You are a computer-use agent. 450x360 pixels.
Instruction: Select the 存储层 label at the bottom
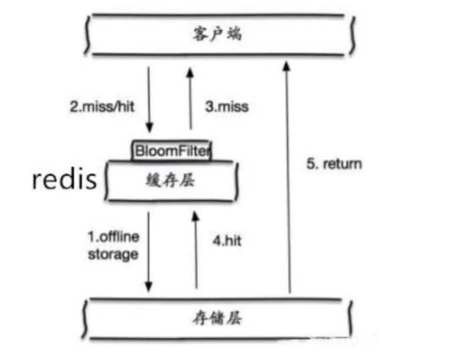(221, 319)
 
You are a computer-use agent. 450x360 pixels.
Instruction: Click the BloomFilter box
(171, 150)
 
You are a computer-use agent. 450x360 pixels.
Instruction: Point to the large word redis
(64, 179)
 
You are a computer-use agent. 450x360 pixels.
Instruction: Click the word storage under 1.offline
(112, 254)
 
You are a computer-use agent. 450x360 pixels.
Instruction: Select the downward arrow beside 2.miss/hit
(149, 97)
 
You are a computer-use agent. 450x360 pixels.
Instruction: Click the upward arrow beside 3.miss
(191, 97)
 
